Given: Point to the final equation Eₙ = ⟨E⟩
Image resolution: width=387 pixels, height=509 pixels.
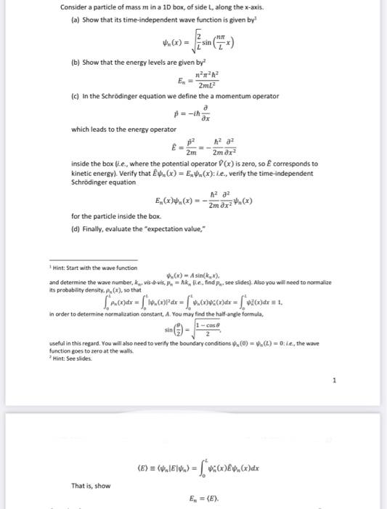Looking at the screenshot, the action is click(x=208, y=500).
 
